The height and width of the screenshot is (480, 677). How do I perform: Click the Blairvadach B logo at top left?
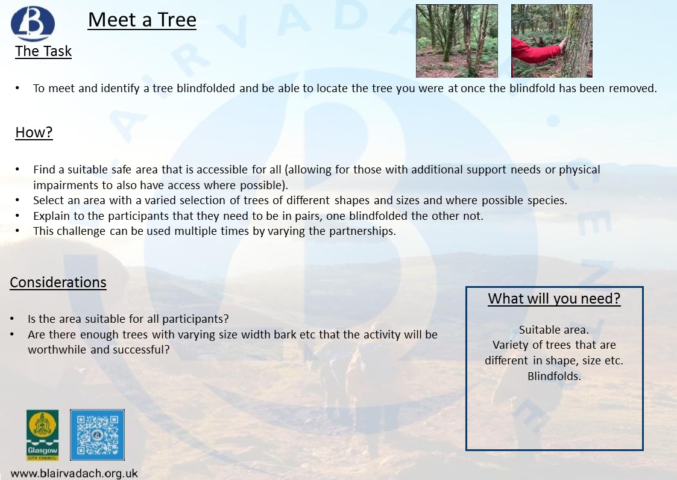33,23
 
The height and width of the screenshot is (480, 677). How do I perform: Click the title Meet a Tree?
142,20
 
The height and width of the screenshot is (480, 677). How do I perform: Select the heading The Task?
43,51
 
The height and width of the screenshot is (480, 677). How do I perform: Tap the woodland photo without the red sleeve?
457,41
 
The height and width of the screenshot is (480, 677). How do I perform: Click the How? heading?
34,132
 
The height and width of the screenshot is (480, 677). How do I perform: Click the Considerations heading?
58,282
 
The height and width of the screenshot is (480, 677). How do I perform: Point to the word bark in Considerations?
286,335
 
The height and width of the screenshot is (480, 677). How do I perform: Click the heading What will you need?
554,299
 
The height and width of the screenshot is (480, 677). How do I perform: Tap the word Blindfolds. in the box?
554,376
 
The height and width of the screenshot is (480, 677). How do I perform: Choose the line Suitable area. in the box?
554,330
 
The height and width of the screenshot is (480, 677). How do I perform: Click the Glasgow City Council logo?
42,435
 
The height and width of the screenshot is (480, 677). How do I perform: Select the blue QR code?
97,435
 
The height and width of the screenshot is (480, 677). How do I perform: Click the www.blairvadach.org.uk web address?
74,473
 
